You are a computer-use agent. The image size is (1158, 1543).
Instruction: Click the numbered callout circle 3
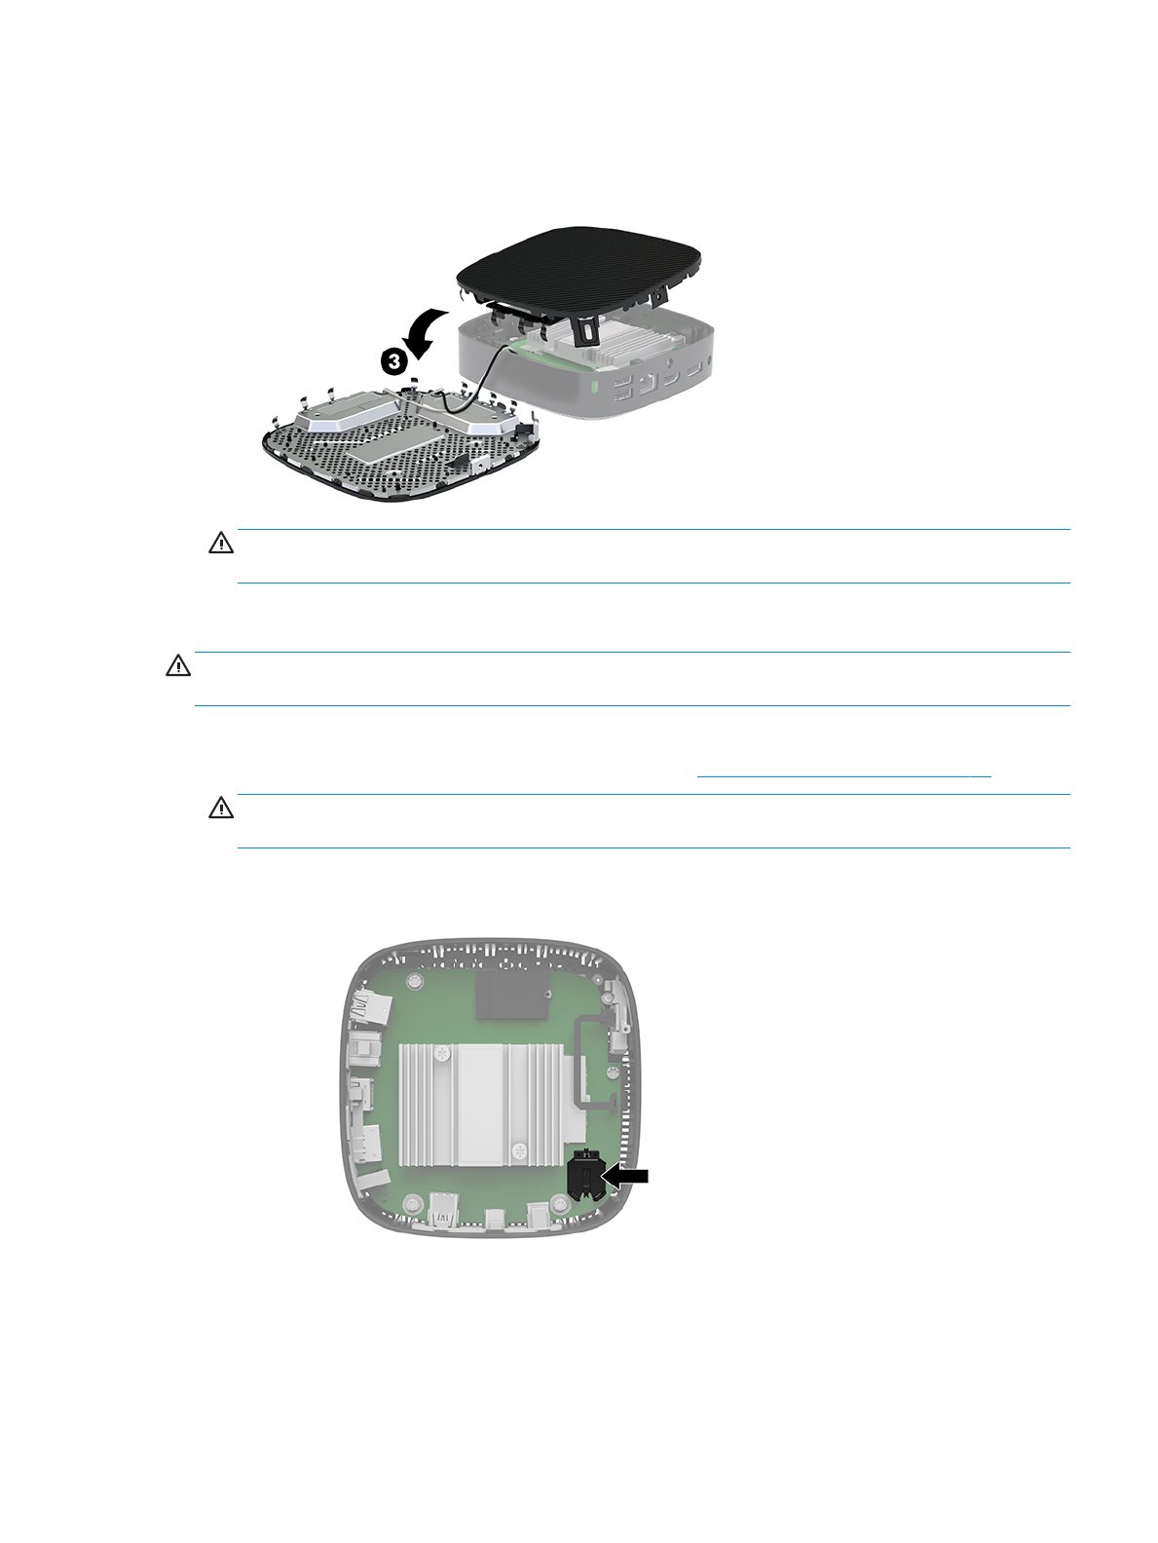(393, 362)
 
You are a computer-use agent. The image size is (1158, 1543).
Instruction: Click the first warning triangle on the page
(221, 543)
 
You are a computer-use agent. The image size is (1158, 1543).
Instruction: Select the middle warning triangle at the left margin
(178, 665)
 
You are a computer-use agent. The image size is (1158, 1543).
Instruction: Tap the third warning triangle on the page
(221, 808)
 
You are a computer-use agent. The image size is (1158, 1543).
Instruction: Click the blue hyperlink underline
(843, 776)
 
